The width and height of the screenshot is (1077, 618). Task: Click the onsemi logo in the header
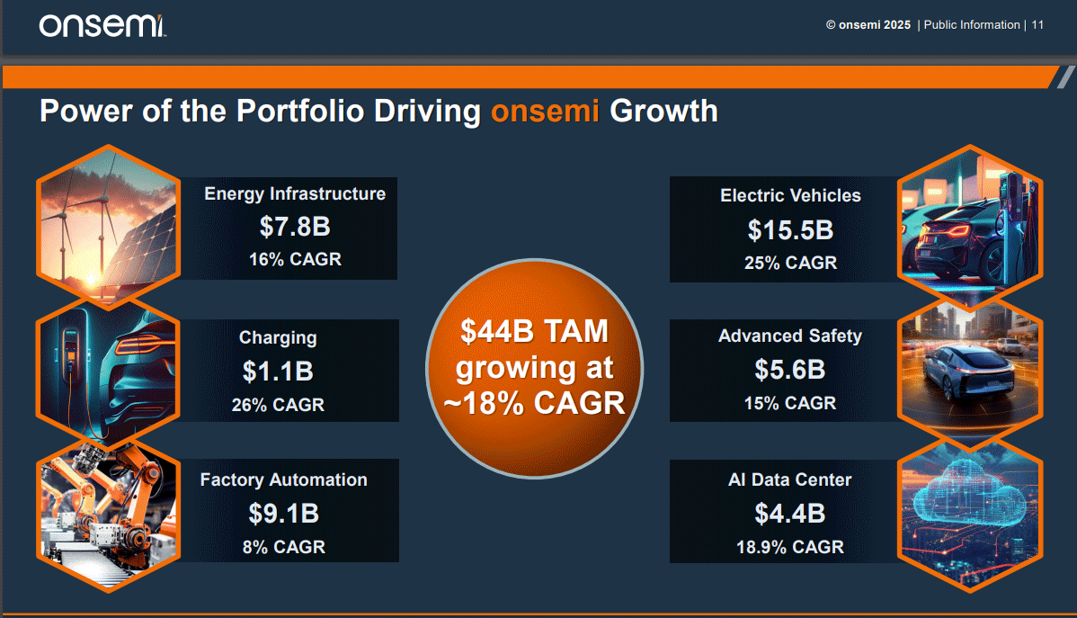pyautogui.click(x=102, y=26)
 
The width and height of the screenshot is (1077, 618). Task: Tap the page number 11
pyautogui.click(x=1037, y=25)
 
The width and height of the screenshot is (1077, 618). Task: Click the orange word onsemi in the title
pyautogui.click(x=546, y=112)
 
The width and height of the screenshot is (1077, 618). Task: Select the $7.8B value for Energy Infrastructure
pyautogui.click(x=295, y=226)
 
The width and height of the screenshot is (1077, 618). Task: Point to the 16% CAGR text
pyautogui.click(x=295, y=260)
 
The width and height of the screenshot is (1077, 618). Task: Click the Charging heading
pyautogui.click(x=278, y=338)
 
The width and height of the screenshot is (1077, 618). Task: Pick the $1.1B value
pyautogui.click(x=278, y=370)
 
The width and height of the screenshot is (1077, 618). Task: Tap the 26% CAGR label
pyautogui.click(x=278, y=405)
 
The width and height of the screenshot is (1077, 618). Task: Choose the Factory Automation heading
pyautogui.click(x=283, y=480)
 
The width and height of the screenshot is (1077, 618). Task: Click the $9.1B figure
pyautogui.click(x=283, y=513)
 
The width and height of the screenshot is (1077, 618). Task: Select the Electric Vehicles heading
pyautogui.click(x=790, y=195)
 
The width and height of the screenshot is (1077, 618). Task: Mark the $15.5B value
pyautogui.click(x=790, y=229)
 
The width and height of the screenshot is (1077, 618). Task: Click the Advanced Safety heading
pyautogui.click(x=790, y=336)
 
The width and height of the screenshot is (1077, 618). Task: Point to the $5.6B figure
pyautogui.click(x=790, y=370)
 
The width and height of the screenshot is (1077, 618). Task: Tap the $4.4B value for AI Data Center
pyautogui.click(x=790, y=513)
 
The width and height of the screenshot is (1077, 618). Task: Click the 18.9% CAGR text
pyautogui.click(x=790, y=547)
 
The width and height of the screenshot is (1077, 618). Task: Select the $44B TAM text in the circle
pyautogui.click(x=535, y=332)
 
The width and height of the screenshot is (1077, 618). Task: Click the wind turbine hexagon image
pyautogui.click(x=108, y=227)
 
